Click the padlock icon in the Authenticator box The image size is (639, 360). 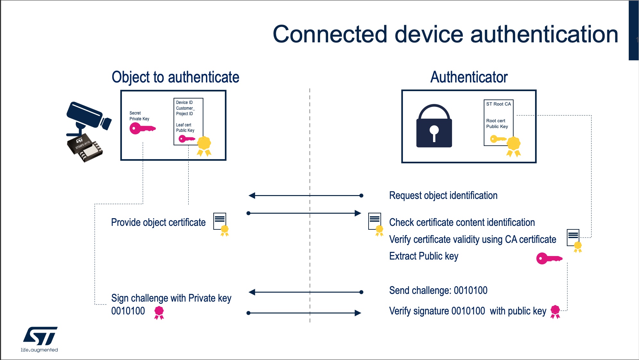[x=434, y=126]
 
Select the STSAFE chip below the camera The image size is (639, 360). [x=85, y=148]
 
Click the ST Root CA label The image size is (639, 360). [x=498, y=104]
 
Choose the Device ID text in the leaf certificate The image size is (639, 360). [x=184, y=102]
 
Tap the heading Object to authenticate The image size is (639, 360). [x=175, y=77]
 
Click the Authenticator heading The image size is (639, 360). [x=469, y=77]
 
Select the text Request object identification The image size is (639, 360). [x=443, y=195]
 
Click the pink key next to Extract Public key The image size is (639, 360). [x=549, y=258]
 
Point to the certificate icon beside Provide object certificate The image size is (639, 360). [x=221, y=224]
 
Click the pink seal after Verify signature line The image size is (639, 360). [x=555, y=312]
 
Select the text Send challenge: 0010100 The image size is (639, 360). [x=438, y=290]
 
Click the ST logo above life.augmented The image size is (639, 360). [x=40, y=336]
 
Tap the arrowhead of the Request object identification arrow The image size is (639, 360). [x=252, y=195]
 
